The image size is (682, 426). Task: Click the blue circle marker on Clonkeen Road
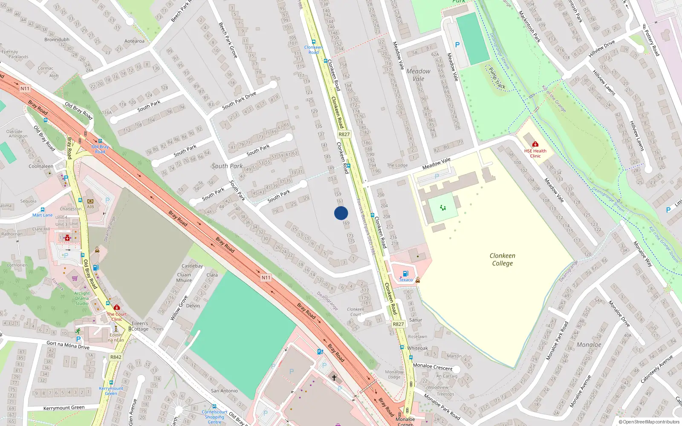coord(341,213)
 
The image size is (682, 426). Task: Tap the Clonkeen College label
coord(502,259)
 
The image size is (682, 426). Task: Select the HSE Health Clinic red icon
coord(535,144)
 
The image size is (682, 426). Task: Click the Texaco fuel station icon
coord(405,273)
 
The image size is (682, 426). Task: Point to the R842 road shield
coord(116,357)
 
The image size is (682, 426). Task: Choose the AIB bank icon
coord(90,201)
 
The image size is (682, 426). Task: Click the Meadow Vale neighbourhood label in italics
coord(418,75)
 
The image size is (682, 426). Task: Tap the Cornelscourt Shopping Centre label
coord(214,417)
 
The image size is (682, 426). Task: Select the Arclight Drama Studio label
coord(82,298)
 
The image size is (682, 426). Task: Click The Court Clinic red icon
coord(117,307)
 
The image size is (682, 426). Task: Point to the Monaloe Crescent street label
coord(433,367)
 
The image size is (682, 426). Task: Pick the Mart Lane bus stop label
coord(43,215)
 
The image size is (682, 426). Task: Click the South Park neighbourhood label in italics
coord(227,166)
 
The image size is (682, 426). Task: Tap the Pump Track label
coord(497,78)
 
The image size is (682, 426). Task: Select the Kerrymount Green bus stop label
coord(111,391)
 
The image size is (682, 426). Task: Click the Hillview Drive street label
coord(601,49)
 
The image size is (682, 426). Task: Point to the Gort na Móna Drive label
coord(68,345)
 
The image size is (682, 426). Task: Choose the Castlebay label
coord(192,266)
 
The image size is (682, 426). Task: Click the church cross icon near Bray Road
coord(334,377)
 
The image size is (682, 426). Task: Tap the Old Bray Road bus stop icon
coord(100,141)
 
